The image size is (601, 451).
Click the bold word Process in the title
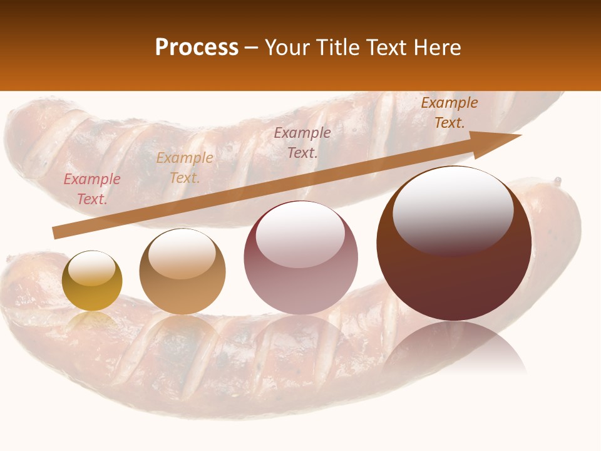(197, 48)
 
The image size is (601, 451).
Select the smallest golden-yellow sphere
(92, 281)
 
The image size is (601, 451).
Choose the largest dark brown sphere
(454, 244)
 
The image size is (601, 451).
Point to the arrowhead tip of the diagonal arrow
(520, 135)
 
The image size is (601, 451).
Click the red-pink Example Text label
(92, 189)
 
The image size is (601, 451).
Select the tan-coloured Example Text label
(185, 168)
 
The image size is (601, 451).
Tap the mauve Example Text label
(302, 142)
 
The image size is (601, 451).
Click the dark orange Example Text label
(449, 113)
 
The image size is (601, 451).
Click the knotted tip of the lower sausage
(557, 182)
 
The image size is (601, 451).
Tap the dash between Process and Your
(250, 48)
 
